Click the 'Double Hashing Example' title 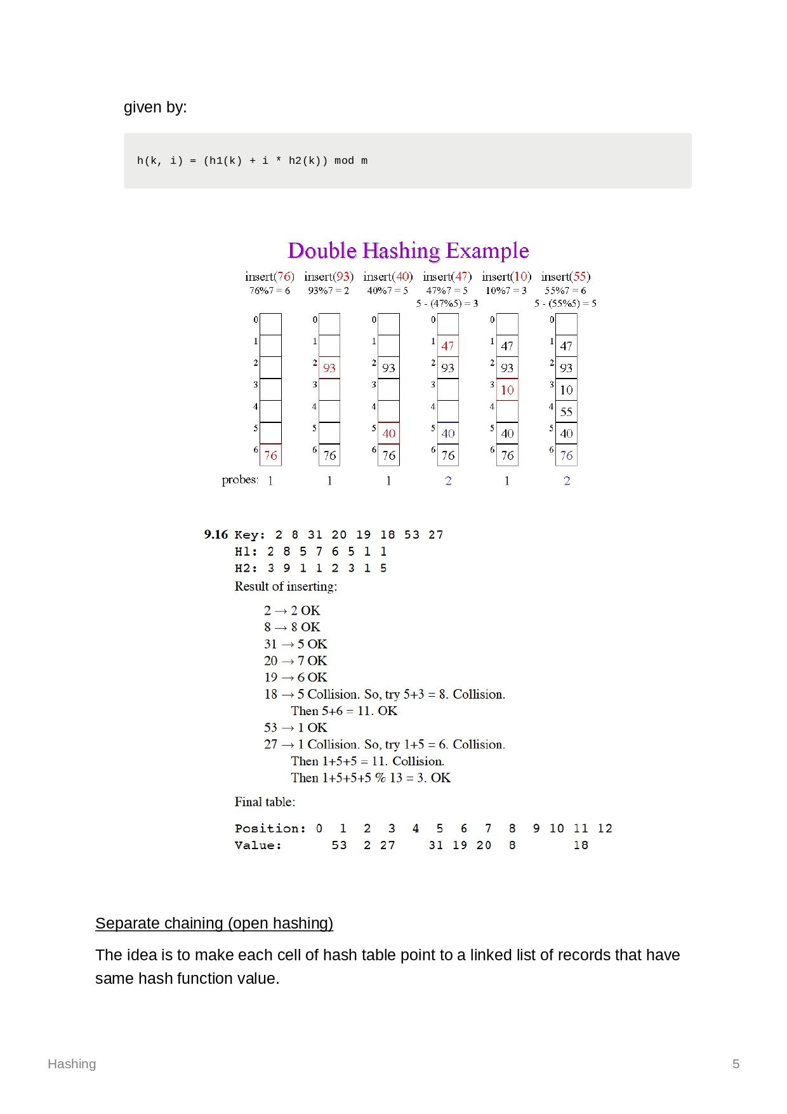pyautogui.click(x=408, y=251)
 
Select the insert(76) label pyautogui.click(x=270, y=277)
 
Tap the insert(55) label pyautogui.click(x=565, y=277)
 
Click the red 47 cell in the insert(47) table pyautogui.click(x=447, y=346)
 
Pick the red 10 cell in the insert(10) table pyautogui.click(x=507, y=390)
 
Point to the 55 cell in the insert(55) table pyautogui.click(x=566, y=412)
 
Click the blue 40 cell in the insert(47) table pyautogui.click(x=448, y=433)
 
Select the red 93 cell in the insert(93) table pyautogui.click(x=329, y=368)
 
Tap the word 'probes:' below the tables pyautogui.click(x=240, y=480)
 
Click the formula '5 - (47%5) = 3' pyautogui.click(x=447, y=304)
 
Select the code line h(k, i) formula pyautogui.click(x=252, y=161)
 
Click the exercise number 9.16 pyautogui.click(x=216, y=535)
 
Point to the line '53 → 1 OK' pyautogui.click(x=295, y=727)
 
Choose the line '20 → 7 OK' pyautogui.click(x=295, y=661)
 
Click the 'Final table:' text pyautogui.click(x=265, y=802)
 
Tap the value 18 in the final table pyautogui.click(x=581, y=845)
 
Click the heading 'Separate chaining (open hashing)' pyautogui.click(x=214, y=923)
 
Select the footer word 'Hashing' pyautogui.click(x=72, y=1064)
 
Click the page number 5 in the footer pyautogui.click(x=736, y=1064)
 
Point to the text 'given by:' pyautogui.click(x=155, y=107)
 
